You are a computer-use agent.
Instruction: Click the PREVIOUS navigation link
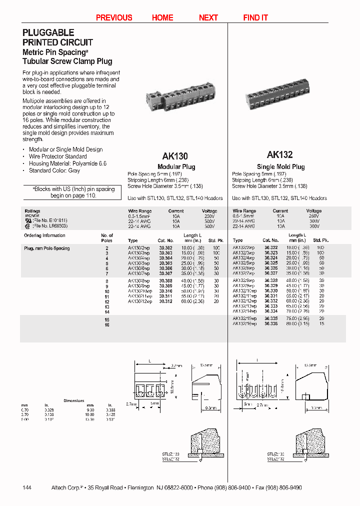tap(114, 17)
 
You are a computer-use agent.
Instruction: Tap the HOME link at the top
tap(162, 17)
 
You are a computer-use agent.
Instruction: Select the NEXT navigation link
tap(208, 17)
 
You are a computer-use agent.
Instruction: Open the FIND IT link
tap(255, 17)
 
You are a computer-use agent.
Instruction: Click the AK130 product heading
tap(175, 155)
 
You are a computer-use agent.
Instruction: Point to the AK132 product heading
tap(280, 154)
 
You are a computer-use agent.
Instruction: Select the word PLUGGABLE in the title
tap(48, 32)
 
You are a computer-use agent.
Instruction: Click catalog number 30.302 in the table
tap(166, 248)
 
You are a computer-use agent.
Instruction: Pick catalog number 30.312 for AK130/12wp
tap(166, 301)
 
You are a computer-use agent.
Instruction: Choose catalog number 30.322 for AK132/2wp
tap(270, 248)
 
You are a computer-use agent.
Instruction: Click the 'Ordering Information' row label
tap(44, 235)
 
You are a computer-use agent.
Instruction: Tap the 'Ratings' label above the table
tap(32, 211)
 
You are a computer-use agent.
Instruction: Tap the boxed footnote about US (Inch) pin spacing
tap(74, 192)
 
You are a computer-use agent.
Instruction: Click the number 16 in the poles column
tap(106, 324)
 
